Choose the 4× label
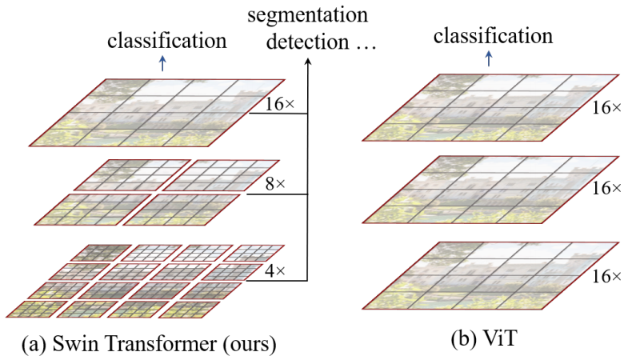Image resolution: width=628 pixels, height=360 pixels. point(274,271)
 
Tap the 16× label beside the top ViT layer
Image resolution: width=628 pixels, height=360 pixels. point(605,106)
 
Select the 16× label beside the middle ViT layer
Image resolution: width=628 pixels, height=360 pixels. point(605,189)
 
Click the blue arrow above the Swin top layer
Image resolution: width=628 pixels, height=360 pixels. point(162,63)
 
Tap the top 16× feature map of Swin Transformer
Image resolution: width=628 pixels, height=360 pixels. point(157,113)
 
